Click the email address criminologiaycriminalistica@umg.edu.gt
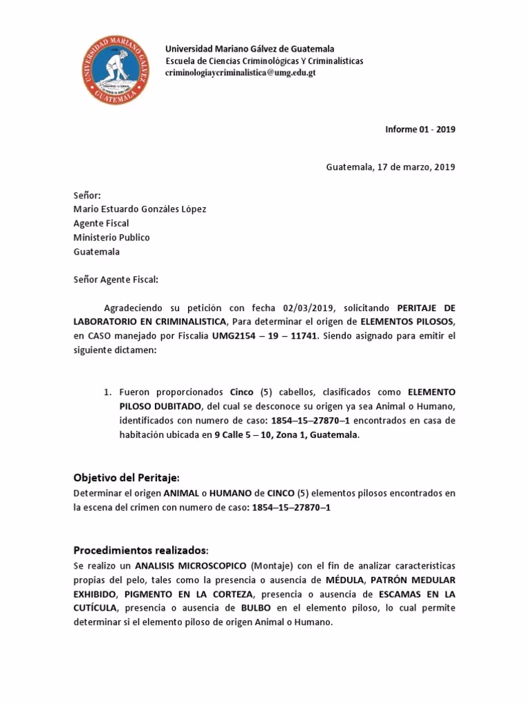tap(240, 72)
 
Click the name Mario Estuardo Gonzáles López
tap(140, 209)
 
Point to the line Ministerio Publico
tap(112, 238)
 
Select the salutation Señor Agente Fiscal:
tap(116, 280)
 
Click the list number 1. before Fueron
tap(107, 392)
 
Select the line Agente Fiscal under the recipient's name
tap(101, 223)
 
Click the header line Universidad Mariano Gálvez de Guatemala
tap(250, 49)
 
